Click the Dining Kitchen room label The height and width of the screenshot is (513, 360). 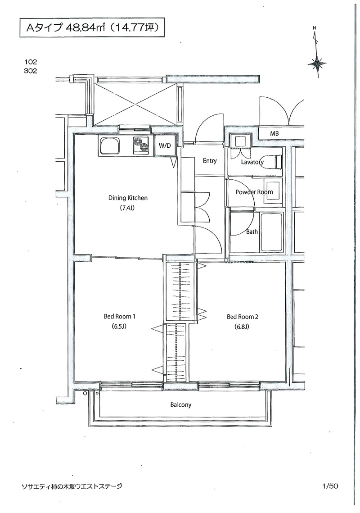(128, 198)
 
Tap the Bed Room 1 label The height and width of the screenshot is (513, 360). (119, 316)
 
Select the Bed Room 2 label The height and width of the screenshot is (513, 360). (242, 317)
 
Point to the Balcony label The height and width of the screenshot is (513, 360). (181, 405)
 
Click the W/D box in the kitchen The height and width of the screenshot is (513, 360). (165, 145)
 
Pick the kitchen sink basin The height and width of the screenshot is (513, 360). (110, 146)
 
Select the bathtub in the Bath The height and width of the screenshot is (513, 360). (271, 232)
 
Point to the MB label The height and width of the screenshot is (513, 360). (274, 133)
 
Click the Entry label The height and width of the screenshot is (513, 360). (210, 161)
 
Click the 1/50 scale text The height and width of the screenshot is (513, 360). (329, 486)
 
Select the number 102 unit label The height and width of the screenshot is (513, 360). (31, 62)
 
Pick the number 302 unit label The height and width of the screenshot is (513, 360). (31, 71)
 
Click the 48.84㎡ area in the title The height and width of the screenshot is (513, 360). (85, 28)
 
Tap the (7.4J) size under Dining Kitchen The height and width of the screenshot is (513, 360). (128, 208)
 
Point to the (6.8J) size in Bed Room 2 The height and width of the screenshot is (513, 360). (242, 327)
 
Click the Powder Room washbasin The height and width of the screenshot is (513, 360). (273, 191)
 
